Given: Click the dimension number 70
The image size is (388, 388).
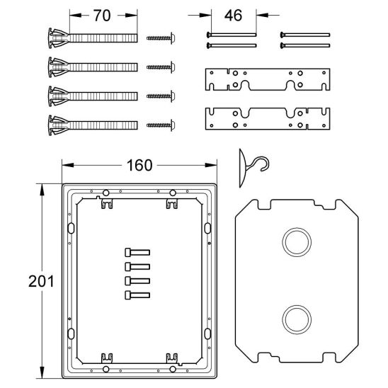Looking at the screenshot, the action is pos(102,16).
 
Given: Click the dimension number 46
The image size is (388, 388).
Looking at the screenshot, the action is pos(233,16).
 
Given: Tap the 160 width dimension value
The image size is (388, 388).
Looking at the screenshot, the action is pos(139,165).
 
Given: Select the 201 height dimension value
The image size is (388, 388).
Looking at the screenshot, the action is pos(41,281).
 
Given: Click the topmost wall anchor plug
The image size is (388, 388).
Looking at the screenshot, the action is pos(93,38).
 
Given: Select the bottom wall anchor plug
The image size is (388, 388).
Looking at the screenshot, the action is pos(93,125).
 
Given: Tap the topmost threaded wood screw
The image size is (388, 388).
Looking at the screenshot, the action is pos(161,38).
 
